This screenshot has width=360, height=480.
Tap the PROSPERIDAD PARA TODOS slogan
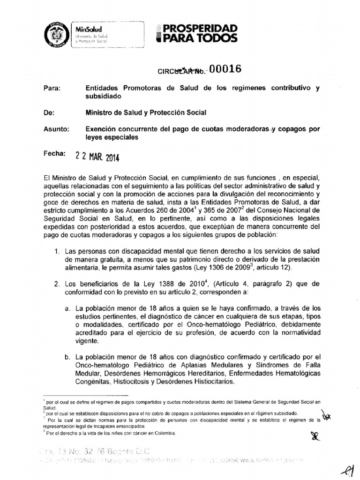coord(196,33)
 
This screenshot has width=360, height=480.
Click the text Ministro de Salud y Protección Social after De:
coord(146,112)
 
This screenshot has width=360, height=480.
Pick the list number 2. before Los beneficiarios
coord(57,284)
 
